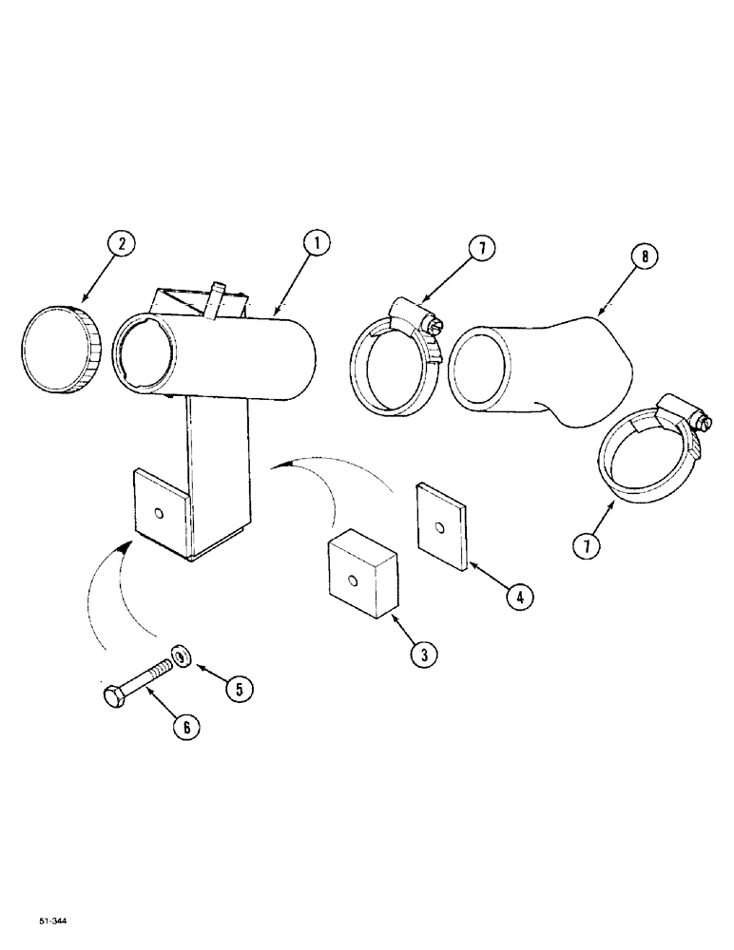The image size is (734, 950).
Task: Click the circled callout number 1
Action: coord(316,244)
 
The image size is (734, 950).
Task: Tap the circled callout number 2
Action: coord(122,244)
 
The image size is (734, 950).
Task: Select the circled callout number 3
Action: coord(424,654)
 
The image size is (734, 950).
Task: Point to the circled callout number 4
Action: coord(518,597)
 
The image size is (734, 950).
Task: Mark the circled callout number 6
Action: coord(186,727)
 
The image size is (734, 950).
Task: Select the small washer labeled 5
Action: coord(179,655)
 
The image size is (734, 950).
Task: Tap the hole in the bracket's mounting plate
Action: coord(160,514)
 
